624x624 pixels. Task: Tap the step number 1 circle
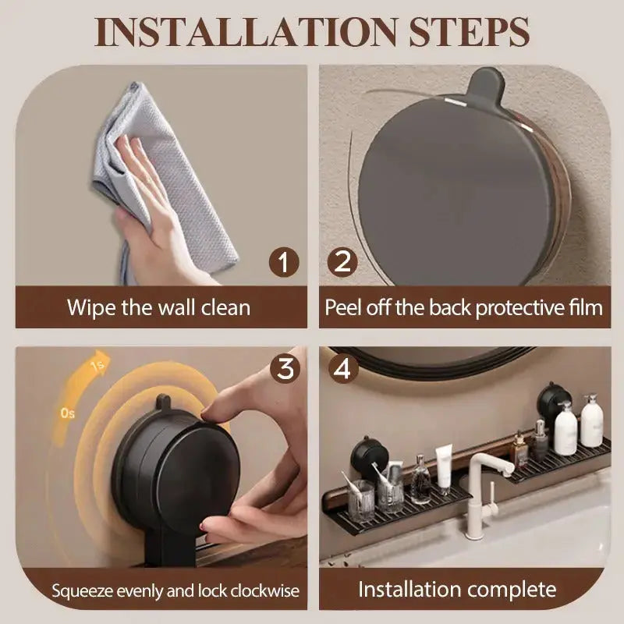285,262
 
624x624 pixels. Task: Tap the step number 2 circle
341,262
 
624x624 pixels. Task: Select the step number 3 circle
285,368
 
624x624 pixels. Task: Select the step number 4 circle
341,368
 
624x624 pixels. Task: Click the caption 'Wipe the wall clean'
158,307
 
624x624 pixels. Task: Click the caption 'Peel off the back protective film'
464,307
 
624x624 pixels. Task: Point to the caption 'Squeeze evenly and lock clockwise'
175,590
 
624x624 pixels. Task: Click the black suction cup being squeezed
168,468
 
